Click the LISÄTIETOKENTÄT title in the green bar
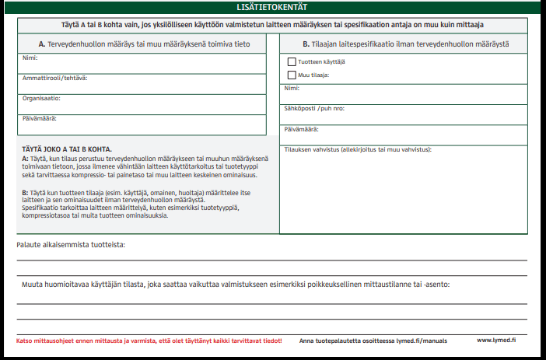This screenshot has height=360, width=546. [x=272, y=7]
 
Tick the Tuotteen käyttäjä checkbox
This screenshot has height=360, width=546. [x=292, y=61]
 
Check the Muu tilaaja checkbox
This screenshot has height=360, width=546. [x=292, y=75]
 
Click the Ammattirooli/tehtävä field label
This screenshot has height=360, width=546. [x=54, y=79]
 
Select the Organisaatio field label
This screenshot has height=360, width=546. [x=41, y=99]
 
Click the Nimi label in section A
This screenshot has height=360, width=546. [x=30, y=58]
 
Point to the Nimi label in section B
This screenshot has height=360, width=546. [x=292, y=89]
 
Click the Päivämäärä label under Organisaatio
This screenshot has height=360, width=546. [x=40, y=119]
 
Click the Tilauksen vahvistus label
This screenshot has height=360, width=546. [x=358, y=149]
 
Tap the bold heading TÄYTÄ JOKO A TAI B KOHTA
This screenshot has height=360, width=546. [x=67, y=149]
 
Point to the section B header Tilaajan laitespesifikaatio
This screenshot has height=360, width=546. [x=405, y=44]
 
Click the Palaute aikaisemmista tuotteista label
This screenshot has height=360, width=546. [x=71, y=245]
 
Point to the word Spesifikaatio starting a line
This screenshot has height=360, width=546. [x=40, y=208]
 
